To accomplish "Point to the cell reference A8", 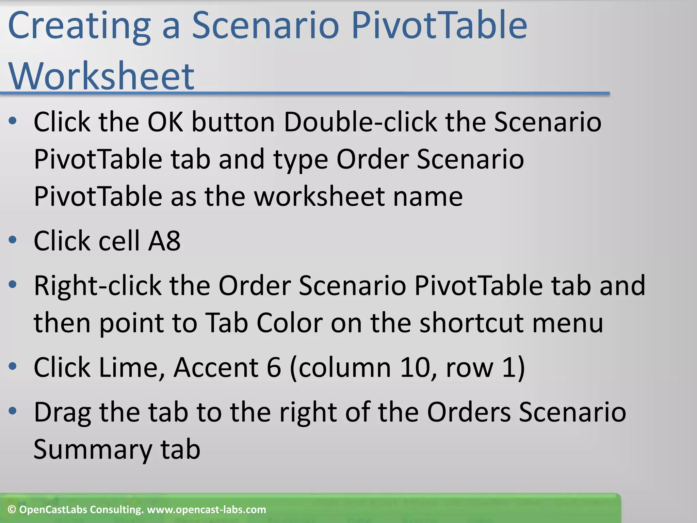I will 164,241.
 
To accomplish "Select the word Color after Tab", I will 289,322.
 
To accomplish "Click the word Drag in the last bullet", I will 62,412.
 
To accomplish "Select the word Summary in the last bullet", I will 93,449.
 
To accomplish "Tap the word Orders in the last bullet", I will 469,412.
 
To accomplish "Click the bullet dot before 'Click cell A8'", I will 13,240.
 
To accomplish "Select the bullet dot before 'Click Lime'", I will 13,366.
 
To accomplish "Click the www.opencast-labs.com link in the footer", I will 206,510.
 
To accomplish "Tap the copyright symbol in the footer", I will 12,510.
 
